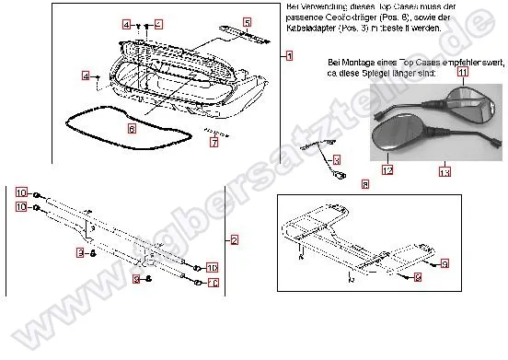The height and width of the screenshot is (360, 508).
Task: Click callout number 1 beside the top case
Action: (289, 56)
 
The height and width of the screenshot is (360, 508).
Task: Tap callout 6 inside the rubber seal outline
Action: (133, 129)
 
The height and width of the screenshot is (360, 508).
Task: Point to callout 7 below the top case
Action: (213, 143)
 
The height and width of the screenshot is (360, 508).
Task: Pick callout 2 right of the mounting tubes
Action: (234, 241)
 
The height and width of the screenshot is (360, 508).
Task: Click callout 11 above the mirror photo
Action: (463, 71)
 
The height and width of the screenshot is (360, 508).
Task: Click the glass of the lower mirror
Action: (394, 139)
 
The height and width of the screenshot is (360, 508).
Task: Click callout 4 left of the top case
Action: (85, 76)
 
